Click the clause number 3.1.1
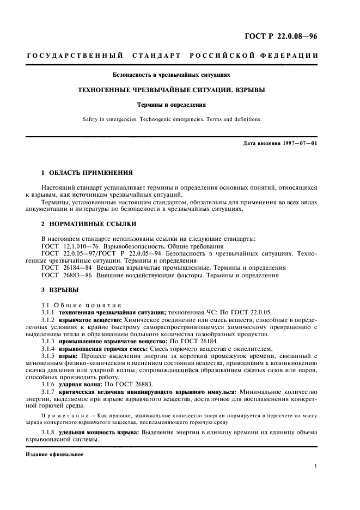point(50,312)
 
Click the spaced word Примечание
point(62,430)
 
